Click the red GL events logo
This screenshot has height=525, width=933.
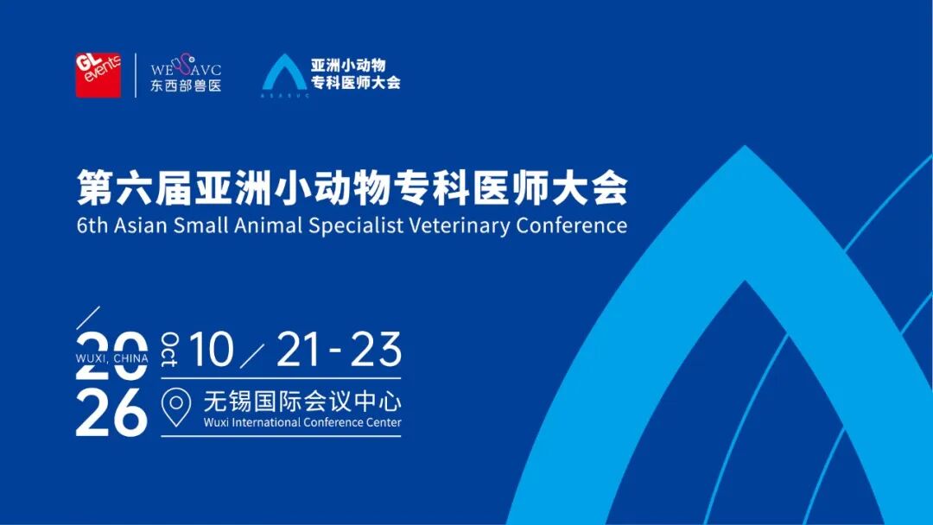[98, 75]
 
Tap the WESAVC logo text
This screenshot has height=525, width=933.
[186, 66]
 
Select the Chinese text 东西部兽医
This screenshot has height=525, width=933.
[186, 85]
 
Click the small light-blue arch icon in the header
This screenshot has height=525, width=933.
[285, 73]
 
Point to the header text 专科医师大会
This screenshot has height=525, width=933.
[356, 83]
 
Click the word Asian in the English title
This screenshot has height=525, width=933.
[141, 226]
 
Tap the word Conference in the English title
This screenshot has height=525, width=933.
[572, 226]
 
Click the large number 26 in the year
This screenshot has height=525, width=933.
[111, 413]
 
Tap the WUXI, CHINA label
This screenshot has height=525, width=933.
[111, 358]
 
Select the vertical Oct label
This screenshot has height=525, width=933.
[169, 350]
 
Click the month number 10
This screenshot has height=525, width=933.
[212, 350]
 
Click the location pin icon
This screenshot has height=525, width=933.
[176, 408]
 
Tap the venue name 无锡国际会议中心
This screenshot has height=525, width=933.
[302, 402]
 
